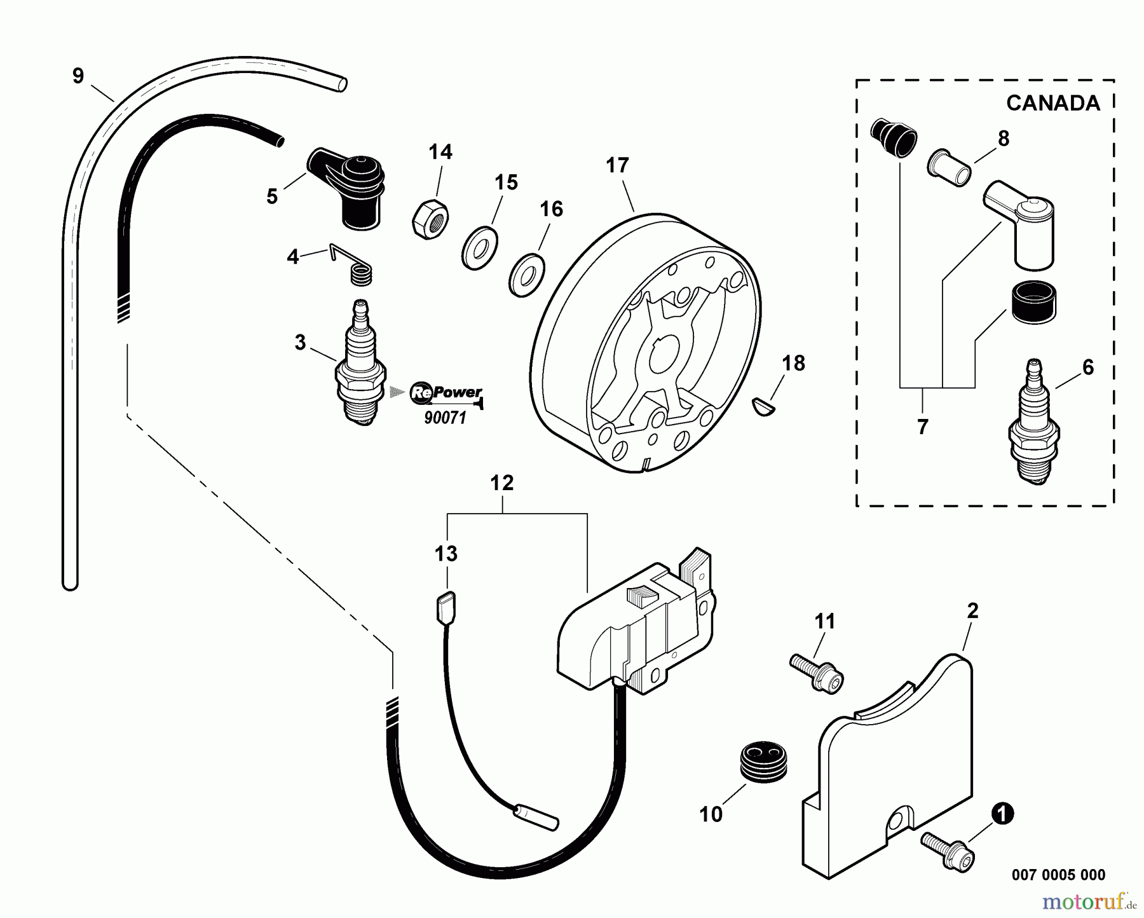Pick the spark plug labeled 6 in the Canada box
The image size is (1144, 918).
coord(1034,423)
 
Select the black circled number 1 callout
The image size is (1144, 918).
coord(1003,814)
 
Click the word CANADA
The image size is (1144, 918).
coord(1052,103)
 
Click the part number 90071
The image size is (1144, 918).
coord(445,418)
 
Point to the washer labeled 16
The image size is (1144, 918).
coord(527,276)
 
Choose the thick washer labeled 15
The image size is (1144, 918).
coord(479,247)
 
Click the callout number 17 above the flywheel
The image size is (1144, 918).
coord(617,166)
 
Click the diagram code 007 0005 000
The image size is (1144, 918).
coord(1058,875)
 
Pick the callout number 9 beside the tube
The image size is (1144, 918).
coord(78,76)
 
